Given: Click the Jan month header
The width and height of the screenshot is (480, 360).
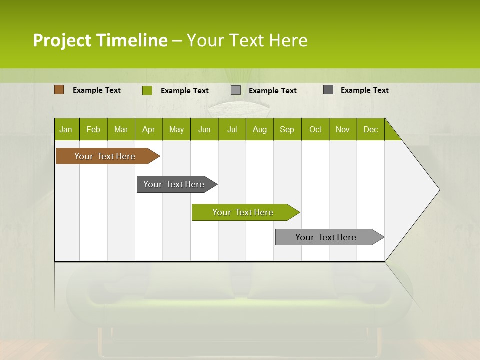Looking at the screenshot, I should (x=66, y=129).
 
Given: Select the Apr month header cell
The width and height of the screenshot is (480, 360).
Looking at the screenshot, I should (x=148, y=129).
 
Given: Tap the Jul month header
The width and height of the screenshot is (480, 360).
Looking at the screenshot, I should (x=232, y=129).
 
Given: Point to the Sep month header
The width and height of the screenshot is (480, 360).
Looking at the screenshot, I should (x=287, y=129).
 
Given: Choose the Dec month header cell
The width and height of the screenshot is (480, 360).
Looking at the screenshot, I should (x=370, y=129).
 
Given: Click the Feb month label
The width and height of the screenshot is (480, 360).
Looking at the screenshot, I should (x=93, y=129).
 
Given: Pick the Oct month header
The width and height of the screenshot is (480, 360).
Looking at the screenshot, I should (x=315, y=129).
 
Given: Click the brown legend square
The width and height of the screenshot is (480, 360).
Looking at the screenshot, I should (x=59, y=90).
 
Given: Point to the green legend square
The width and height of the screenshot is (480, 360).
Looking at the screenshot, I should (x=147, y=90).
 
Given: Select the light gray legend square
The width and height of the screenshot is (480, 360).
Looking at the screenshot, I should (x=236, y=90).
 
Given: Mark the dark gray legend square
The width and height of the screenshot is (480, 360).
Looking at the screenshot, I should (x=328, y=90).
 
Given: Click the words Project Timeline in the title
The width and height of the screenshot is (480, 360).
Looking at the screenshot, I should (x=100, y=40).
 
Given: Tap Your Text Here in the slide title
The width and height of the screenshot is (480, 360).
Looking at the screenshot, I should (x=247, y=40).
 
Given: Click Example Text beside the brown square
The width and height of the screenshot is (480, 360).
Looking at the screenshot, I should (x=97, y=90).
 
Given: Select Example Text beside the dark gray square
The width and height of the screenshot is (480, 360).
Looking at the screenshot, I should (x=364, y=90).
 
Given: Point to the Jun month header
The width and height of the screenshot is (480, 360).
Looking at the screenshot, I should (x=204, y=129).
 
